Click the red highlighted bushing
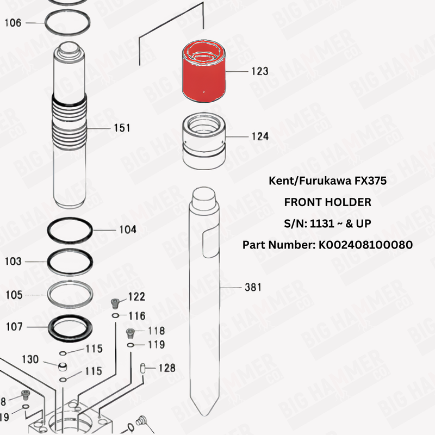coord(203,73)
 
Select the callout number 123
coord(259,71)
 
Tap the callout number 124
coord(259,136)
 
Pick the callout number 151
coord(121,128)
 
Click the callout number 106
coord(13,23)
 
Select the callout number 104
coord(128,229)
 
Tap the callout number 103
coord(13,262)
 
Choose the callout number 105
coord(13,295)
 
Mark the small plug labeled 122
coord(114,302)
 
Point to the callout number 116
coord(136,316)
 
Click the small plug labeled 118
coord(130,332)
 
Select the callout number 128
coord(167,368)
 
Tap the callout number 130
coord(30,359)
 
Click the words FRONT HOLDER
coord(328,202)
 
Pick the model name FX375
coord(369,181)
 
